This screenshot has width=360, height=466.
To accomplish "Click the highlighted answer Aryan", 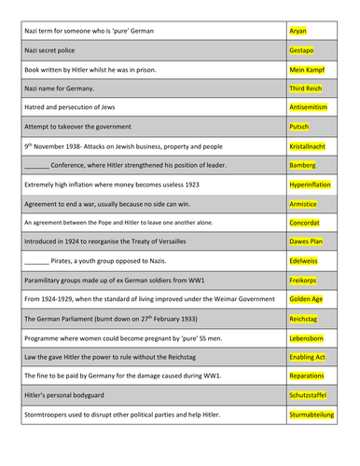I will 298,31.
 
